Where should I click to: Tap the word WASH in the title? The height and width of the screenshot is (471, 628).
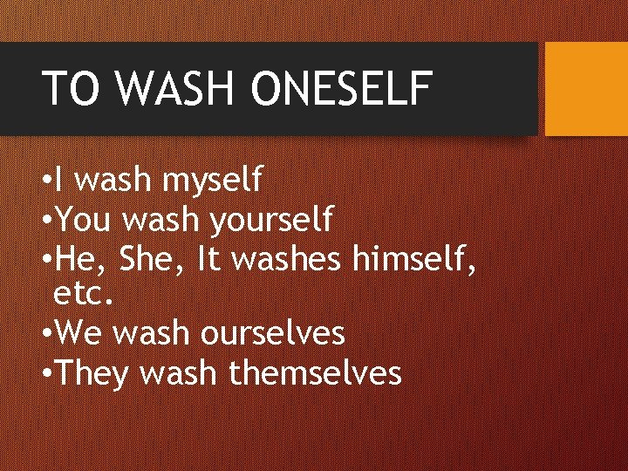tap(178, 88)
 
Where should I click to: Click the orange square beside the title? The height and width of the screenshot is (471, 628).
tap(586, 89)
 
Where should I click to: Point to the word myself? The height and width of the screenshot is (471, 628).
tap(213, 181)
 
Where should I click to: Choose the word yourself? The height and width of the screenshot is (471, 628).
tap(270, 219)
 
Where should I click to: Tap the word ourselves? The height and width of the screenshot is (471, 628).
tap(274, 332)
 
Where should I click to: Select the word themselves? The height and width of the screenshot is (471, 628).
tap(314, 372)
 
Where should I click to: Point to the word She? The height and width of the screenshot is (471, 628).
tap(148, 257)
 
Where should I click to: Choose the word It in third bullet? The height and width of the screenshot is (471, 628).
tap(209, 257)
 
